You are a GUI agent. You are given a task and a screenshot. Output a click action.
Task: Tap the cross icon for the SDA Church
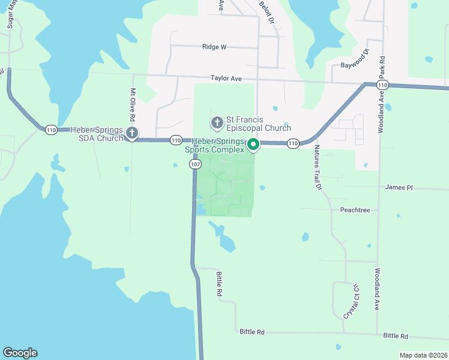click(133, 133)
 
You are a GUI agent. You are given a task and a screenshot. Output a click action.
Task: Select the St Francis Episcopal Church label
click(258, 124)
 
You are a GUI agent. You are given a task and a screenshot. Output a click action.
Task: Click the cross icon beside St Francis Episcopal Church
click(217, 123)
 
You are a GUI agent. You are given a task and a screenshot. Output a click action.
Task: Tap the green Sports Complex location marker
click(253, 144)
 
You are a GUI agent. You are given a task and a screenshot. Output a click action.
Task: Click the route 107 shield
click(194, 164)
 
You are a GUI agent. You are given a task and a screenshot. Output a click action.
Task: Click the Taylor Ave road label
click(226, 78)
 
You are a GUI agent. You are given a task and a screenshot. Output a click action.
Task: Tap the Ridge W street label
click(214, 46)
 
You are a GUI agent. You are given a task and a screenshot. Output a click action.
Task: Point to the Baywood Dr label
click(354, 65)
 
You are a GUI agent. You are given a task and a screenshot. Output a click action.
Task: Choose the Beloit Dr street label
click(267, 11)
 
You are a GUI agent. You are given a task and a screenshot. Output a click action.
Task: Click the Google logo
click(20, 353)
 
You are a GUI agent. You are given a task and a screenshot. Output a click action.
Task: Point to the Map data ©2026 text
click(423, 355)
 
